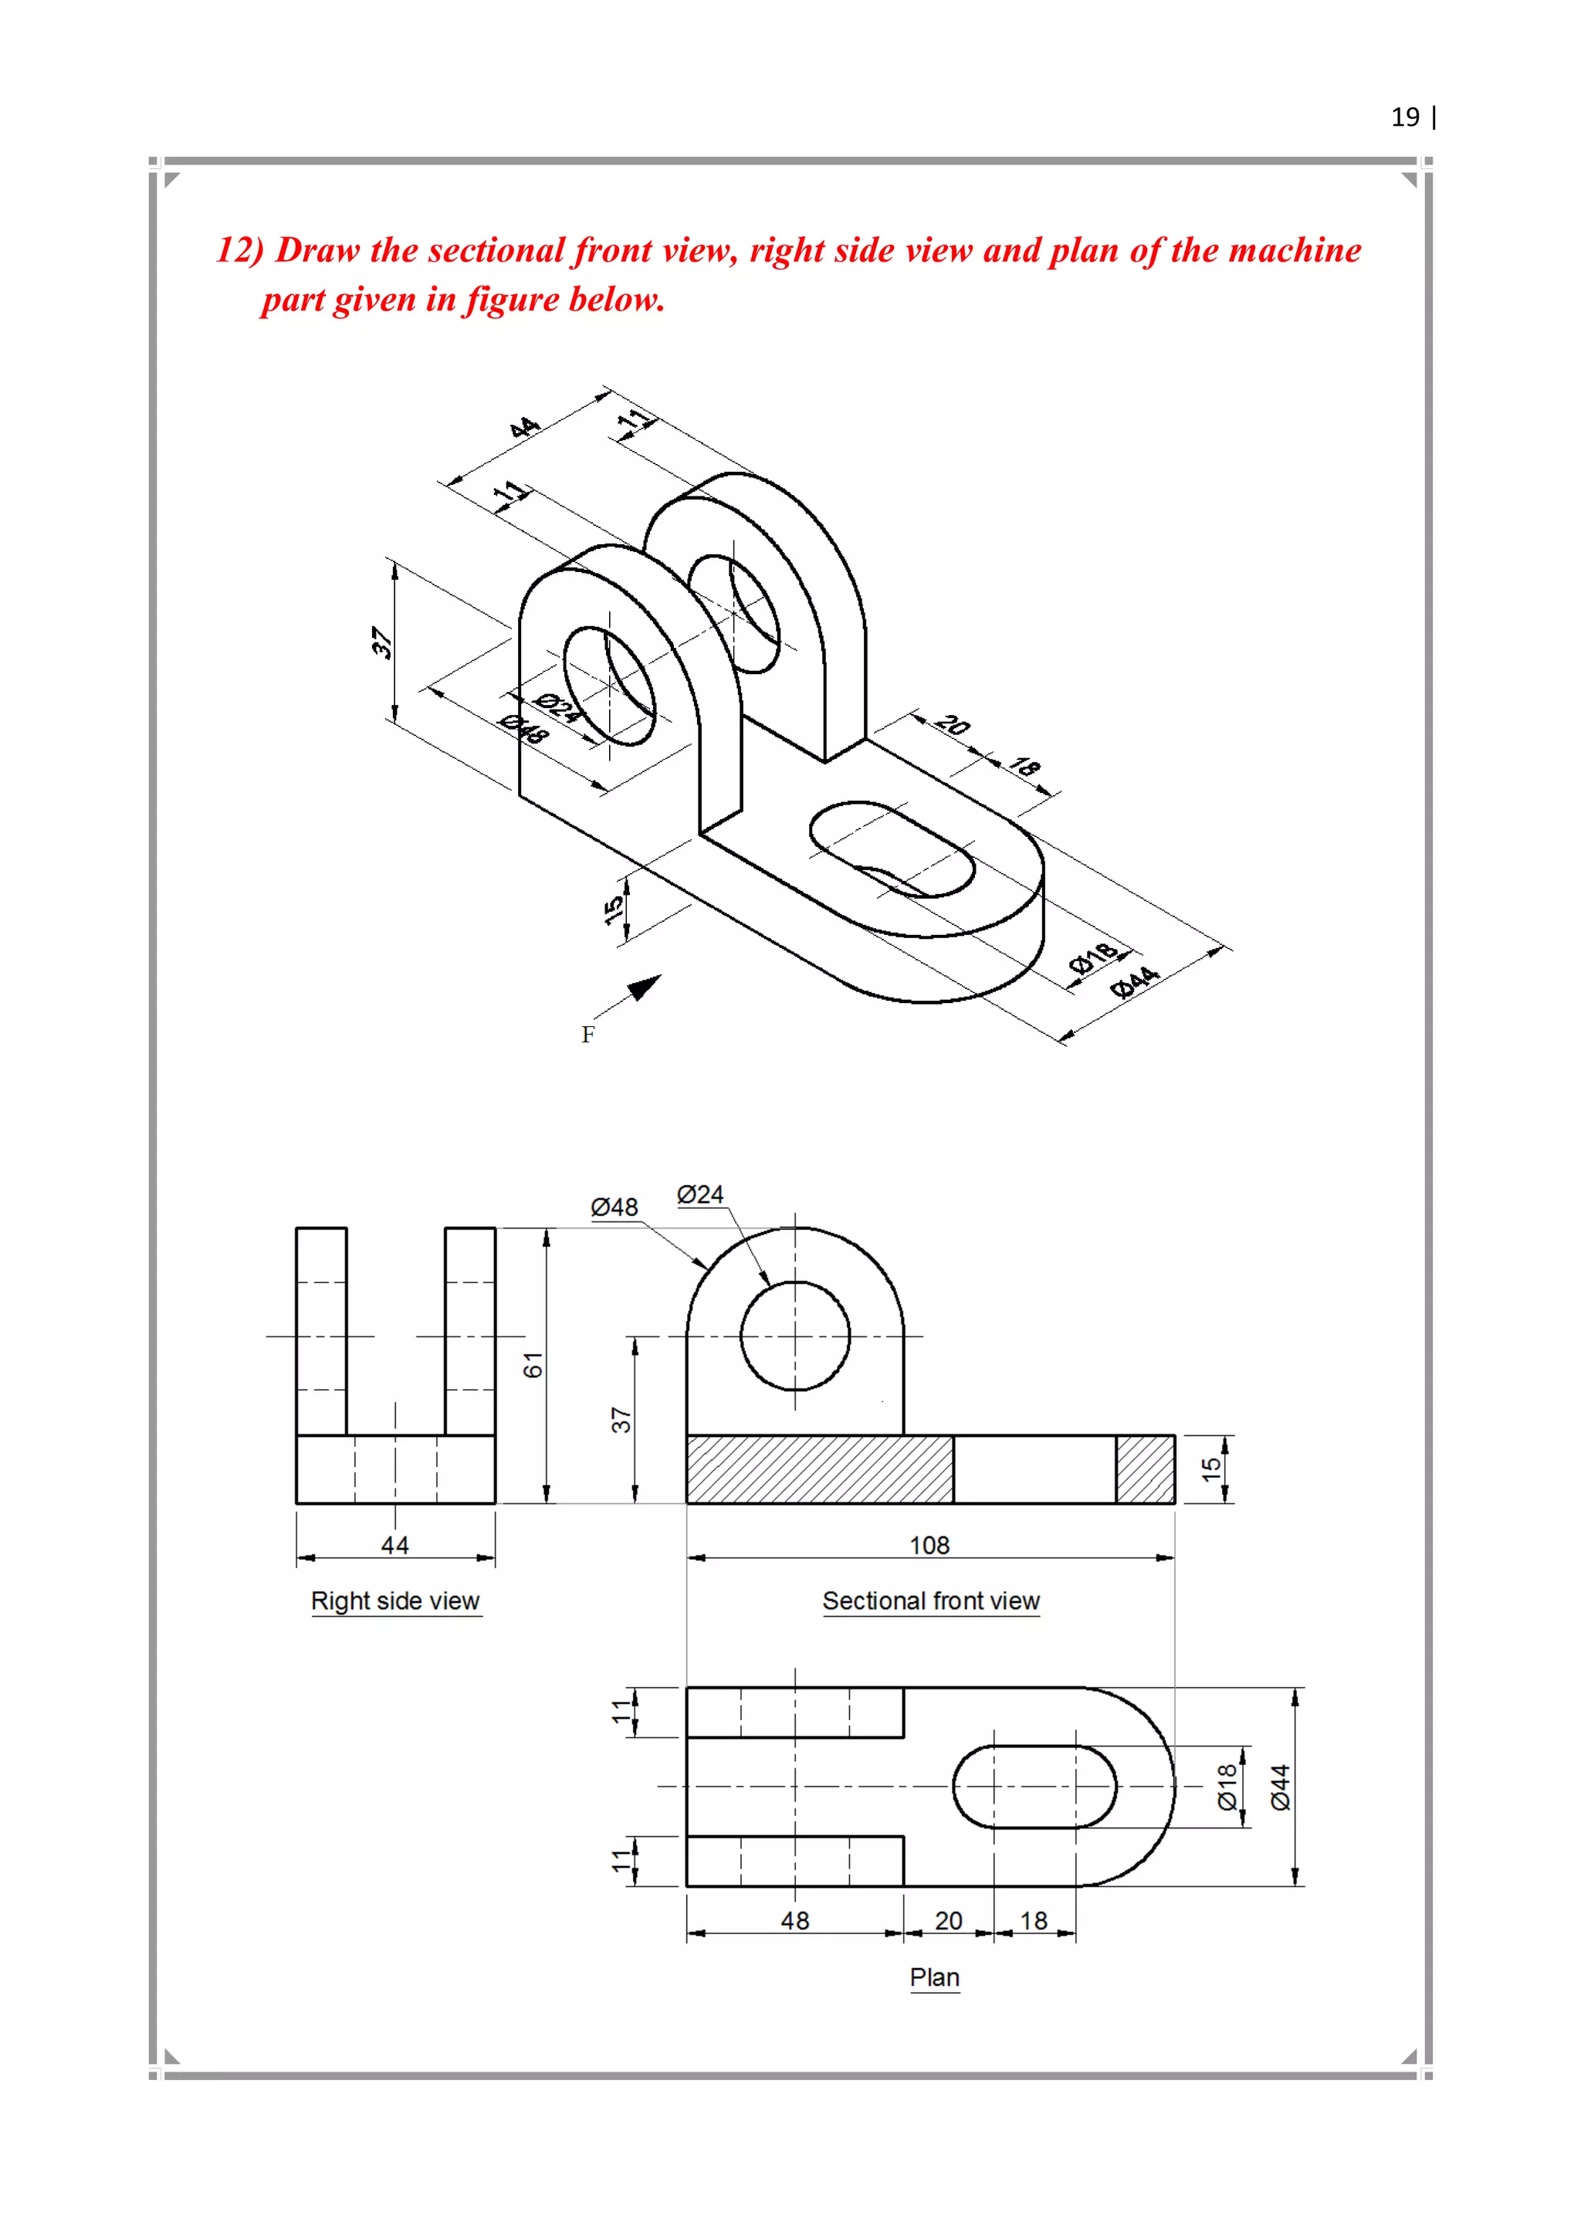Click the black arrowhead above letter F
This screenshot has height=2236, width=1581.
pyautogui.click(x=644, y=988)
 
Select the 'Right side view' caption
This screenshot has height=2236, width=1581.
pyautogui.click(x=395, y=1601)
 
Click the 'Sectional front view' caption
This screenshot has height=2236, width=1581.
pyautogui.click(x=931, y=1601)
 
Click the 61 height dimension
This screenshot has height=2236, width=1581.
pyautogui.click(x=533, y=1365)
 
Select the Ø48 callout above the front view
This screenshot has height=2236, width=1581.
pyautogui.click(x=614, y=1208)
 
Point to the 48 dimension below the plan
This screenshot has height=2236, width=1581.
pyautogui.click(x=794, y=1920)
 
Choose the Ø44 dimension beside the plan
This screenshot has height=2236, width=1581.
pyautogui.click(x=1280, y=1787)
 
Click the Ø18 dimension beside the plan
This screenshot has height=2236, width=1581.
pyautogui.click(x=1227, y=1787)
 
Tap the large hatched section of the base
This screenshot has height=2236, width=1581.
pyautogui.click(x=819, y=1469)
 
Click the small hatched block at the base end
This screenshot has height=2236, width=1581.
pyautogui.click(x=1145, y=1469)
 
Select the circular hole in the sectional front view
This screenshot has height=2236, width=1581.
pyautogui.click(x=794, y=1337)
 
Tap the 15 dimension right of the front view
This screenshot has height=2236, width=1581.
pyautogui.click(x=1210, y=1469)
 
